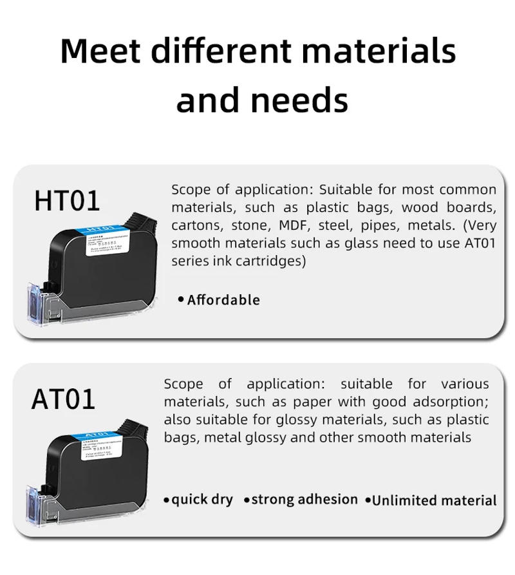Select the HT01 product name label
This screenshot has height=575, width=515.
(67, 201)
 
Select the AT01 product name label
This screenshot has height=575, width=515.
(63, 399)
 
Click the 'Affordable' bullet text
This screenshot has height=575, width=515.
(223, 300)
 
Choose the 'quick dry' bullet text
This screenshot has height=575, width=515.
(202, 500)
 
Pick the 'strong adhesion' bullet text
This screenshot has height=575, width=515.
(304, 500)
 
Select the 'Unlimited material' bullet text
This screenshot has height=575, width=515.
(435, 500)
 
